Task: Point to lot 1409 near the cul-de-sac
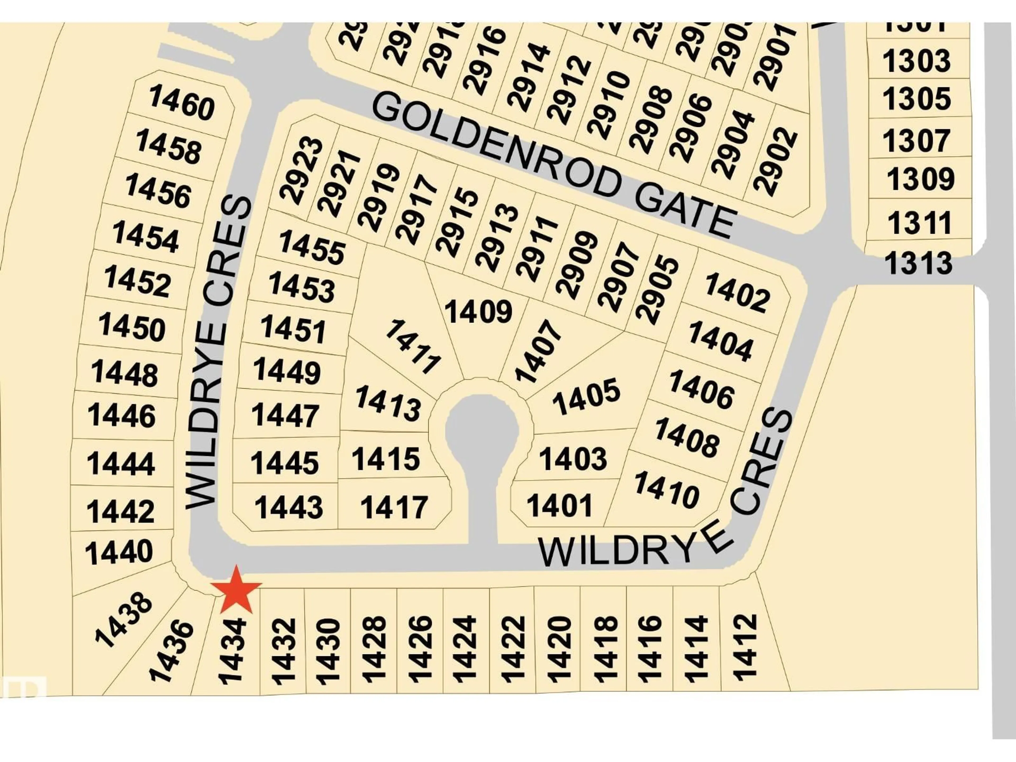pyautogui.click(x=478, y=312)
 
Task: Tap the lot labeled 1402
pyautogui.click(x=737, y=292)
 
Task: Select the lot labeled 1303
pyautogui.click(x=916, y=61)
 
